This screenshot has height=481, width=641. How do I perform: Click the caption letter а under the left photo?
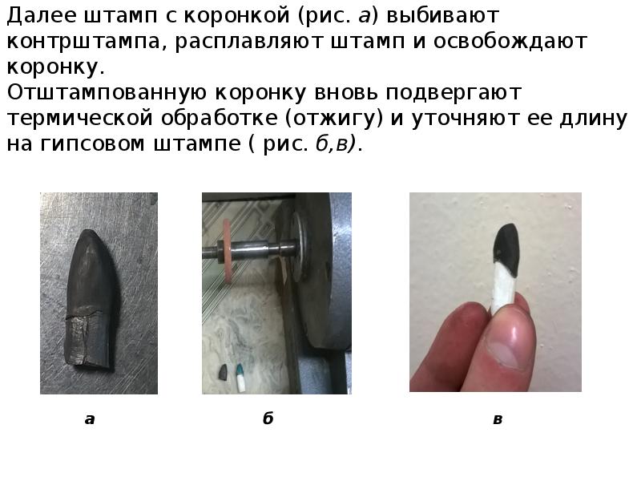(90, 418)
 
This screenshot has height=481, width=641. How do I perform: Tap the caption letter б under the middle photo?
(268, 418)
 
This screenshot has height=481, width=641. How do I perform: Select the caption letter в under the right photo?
(498, 418)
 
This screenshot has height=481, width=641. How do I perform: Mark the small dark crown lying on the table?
(224, 371)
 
